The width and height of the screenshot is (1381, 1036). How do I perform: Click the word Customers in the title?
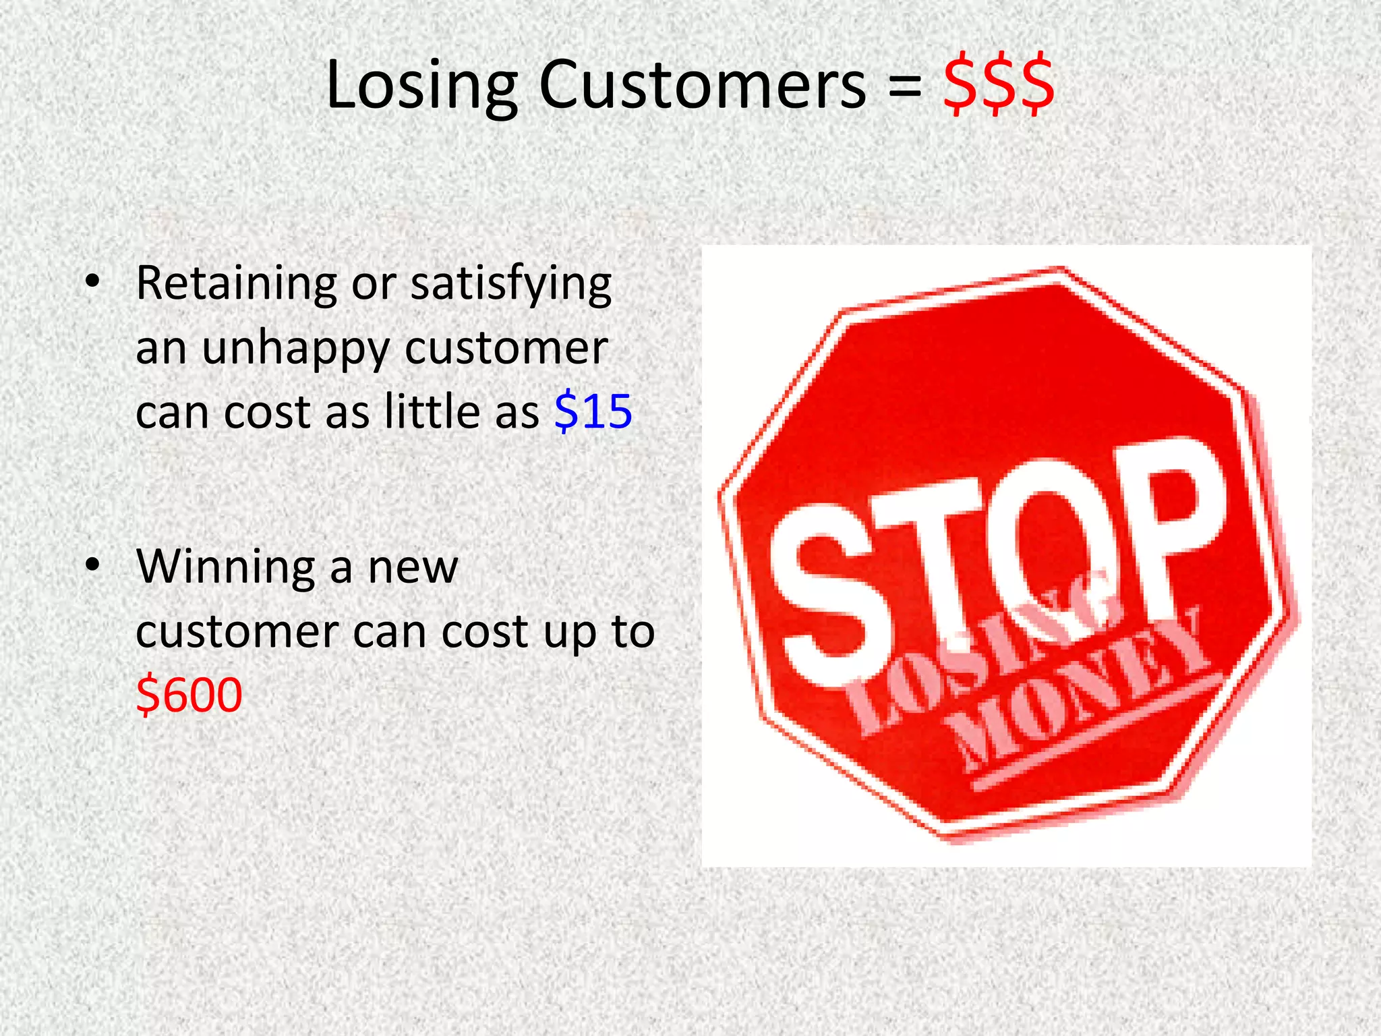point(702,86)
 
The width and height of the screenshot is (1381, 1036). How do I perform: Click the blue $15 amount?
point(593,411)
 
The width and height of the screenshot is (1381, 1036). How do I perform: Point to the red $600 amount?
point(189,695)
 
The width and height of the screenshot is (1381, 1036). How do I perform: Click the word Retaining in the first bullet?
point(236,283)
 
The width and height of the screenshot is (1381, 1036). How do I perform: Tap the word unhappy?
point(295,349)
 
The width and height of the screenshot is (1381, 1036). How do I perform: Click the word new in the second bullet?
point(413,567)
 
